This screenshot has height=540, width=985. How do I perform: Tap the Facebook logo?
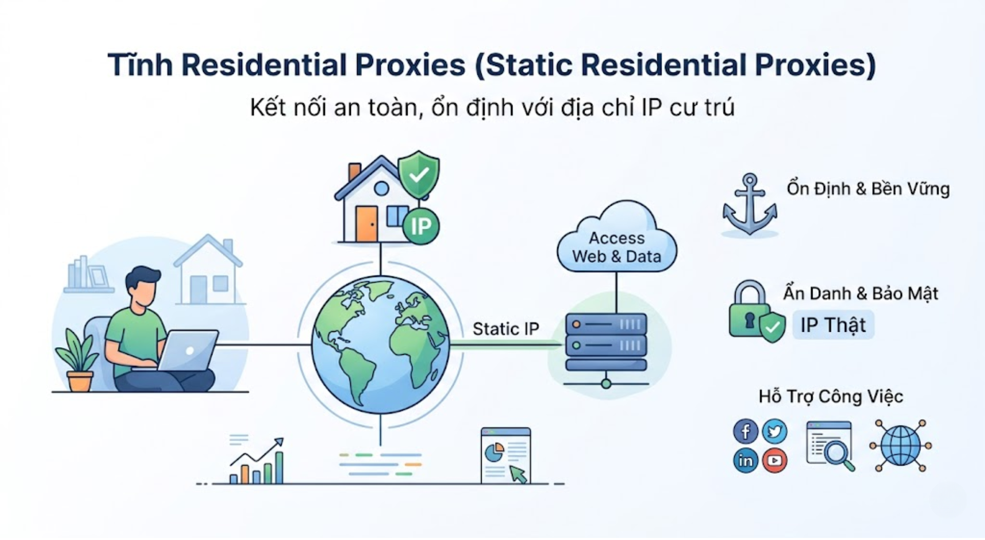(x=745, y=431)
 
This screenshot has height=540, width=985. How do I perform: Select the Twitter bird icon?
(x=775, y=431)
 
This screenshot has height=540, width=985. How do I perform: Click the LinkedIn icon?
(x=745, y=461)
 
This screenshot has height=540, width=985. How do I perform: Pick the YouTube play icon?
(x=775, y=461)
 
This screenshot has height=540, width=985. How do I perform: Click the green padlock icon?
(x=750, y=310)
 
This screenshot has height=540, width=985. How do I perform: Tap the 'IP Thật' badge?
(x=833, y=325)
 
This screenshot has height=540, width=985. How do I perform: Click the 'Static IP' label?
(x=505, y=329)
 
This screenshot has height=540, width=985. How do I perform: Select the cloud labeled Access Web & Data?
(x=617, y=241)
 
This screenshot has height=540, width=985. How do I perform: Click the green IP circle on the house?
(x=421, y=226)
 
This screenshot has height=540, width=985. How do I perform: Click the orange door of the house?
(x=366, y=224)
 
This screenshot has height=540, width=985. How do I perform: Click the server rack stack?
(x=606, y=343)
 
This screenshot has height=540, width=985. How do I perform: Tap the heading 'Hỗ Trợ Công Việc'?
(x=831, y=396)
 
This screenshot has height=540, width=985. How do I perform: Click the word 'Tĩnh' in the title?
(x=140, y=65)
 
